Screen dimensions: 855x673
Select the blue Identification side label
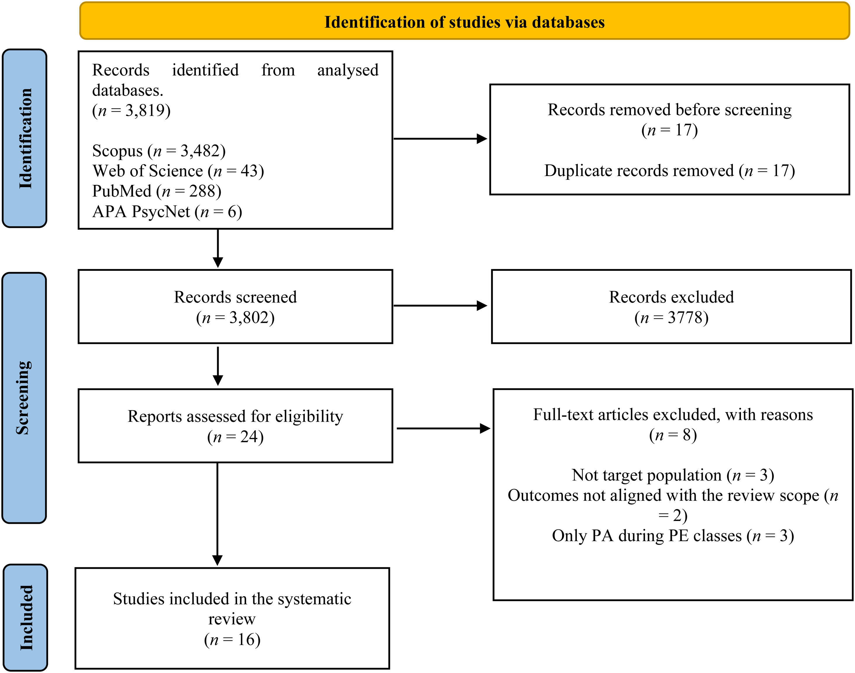(25, 138)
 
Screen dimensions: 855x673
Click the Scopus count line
(159, 151)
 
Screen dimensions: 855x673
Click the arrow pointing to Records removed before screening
(440, 139)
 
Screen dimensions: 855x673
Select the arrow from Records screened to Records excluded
(440, 305)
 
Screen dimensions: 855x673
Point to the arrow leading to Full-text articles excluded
(443, 428)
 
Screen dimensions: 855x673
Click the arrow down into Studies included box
(217, 514)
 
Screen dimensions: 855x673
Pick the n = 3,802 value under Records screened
(236, 318)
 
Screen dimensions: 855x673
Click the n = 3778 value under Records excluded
(671, 318)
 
